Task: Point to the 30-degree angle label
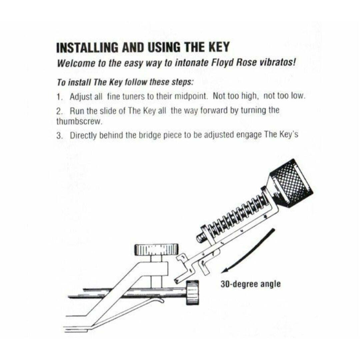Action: tap(250, 284)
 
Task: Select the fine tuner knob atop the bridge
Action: tap(156, 249)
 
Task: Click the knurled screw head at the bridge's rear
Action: tap(192, 292)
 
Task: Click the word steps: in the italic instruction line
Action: tap(180, 82)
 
